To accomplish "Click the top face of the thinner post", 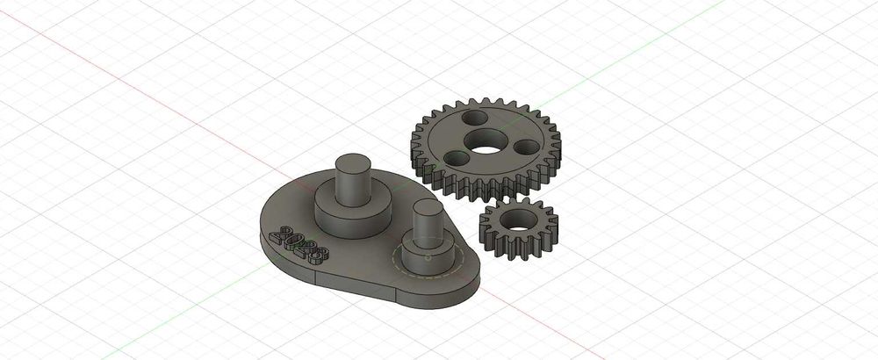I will pyautogui.click(x=427, y=207).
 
